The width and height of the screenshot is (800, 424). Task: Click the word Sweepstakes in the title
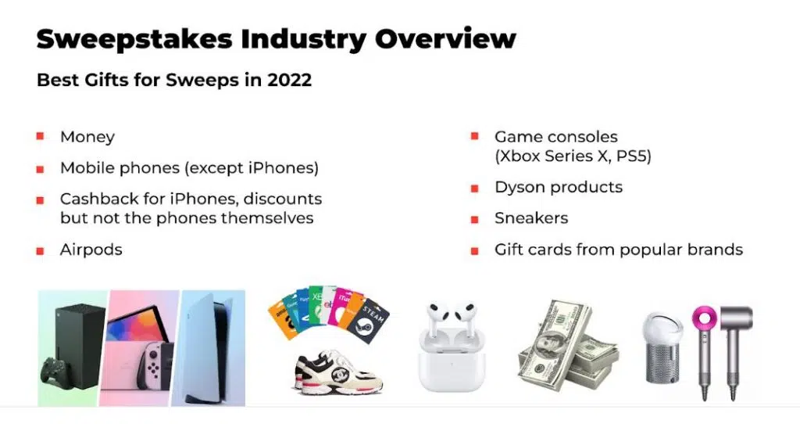click(134, 39)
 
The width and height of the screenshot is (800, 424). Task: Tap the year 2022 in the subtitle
click(289, 80)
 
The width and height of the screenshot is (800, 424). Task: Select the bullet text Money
click(87, 137)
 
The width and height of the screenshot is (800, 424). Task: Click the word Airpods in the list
click(91, 250)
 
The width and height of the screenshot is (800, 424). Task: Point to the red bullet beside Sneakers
click(474, 220)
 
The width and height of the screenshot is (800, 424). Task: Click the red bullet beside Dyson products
click(474, 189)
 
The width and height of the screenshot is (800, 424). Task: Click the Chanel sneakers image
click(339, 372)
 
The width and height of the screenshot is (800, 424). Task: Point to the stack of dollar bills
click(567, 347)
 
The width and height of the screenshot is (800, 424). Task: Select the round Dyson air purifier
click(662, 348)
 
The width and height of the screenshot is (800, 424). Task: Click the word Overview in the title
click(445, 39)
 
